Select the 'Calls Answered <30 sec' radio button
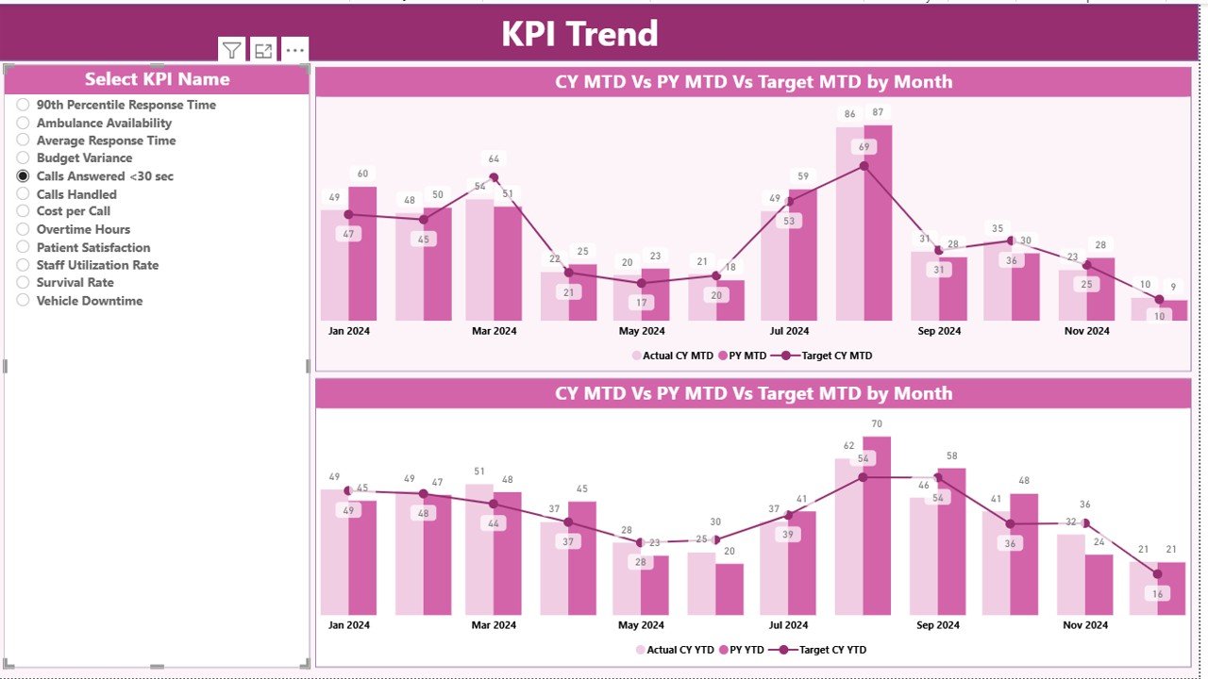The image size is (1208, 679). point(24,176)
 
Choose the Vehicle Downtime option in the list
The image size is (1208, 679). point(24,301)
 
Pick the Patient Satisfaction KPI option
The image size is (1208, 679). point(24,247)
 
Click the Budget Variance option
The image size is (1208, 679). point(24,158)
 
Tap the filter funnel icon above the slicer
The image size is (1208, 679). point(232,51)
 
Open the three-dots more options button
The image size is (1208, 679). point(294,51)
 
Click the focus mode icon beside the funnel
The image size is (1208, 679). point(263,51)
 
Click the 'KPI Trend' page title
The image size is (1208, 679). point(579,34)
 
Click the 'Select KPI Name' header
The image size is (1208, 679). point(157,79)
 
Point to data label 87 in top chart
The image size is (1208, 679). point(879,113)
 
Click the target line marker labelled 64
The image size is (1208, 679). point(494,177)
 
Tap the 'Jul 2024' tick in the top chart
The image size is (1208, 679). point(789,331)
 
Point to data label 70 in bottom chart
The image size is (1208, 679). point(877,424)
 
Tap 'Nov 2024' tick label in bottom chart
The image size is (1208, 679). point(1086,625)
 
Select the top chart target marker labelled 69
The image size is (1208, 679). point(864,166)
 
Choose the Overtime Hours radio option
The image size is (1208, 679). point(24,229)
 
